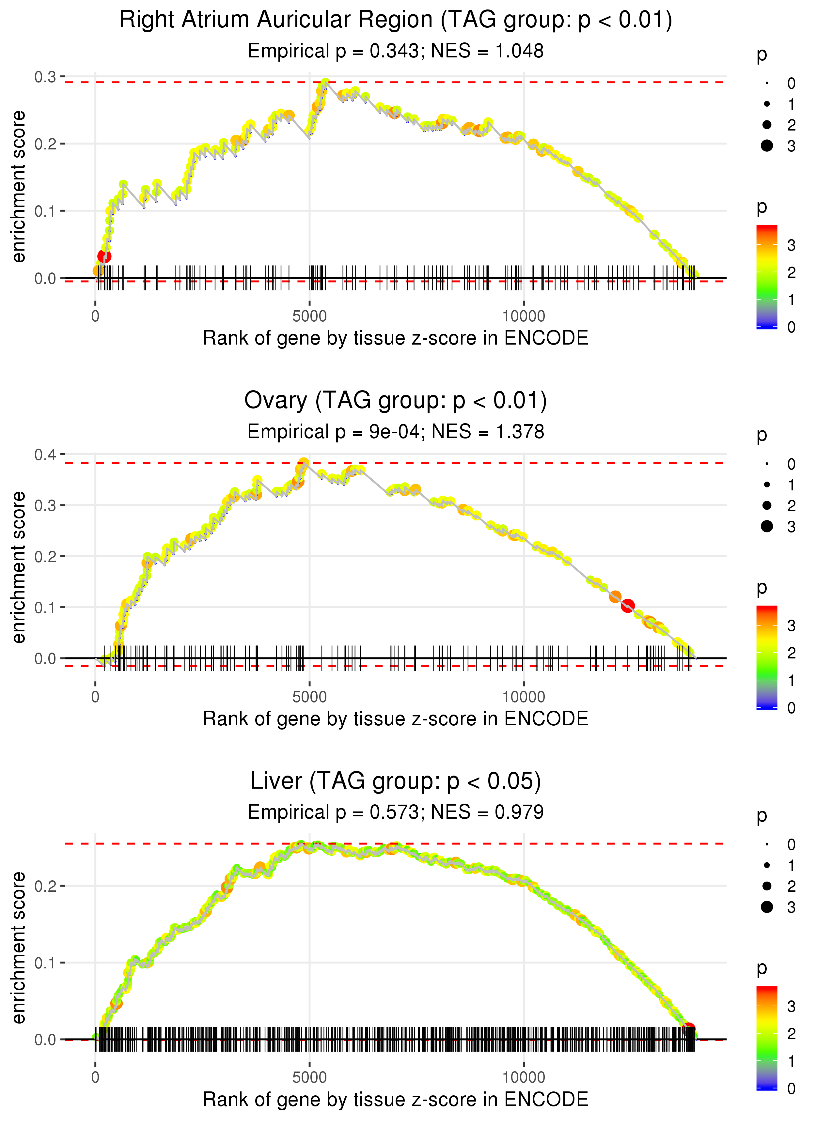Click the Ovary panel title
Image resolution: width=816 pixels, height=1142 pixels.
coord(396,400)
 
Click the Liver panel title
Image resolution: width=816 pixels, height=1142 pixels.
coord(396,781)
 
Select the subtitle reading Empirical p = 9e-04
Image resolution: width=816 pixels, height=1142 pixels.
coord(396,431)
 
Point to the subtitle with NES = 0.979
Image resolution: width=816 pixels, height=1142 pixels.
coord(396,812)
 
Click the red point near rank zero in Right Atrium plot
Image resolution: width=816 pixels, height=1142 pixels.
coord(104,256)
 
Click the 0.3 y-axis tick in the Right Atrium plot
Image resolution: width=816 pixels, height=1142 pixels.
coord(45,77)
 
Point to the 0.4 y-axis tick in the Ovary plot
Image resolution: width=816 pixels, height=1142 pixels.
coord(45,455)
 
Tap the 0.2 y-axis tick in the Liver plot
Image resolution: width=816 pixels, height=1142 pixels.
coord(45,886)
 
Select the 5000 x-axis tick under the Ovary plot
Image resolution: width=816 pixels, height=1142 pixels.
coord(309,697)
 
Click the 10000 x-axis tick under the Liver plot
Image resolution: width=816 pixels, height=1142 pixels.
coord(524,1077)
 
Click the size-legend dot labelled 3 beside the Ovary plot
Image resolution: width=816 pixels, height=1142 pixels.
coord(767,526)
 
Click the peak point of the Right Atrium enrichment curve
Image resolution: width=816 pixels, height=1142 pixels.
coord(325,82)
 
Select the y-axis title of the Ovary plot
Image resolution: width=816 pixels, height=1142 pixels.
coord(19,567)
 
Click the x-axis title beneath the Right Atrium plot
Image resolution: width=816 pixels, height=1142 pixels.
coord(396,338)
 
